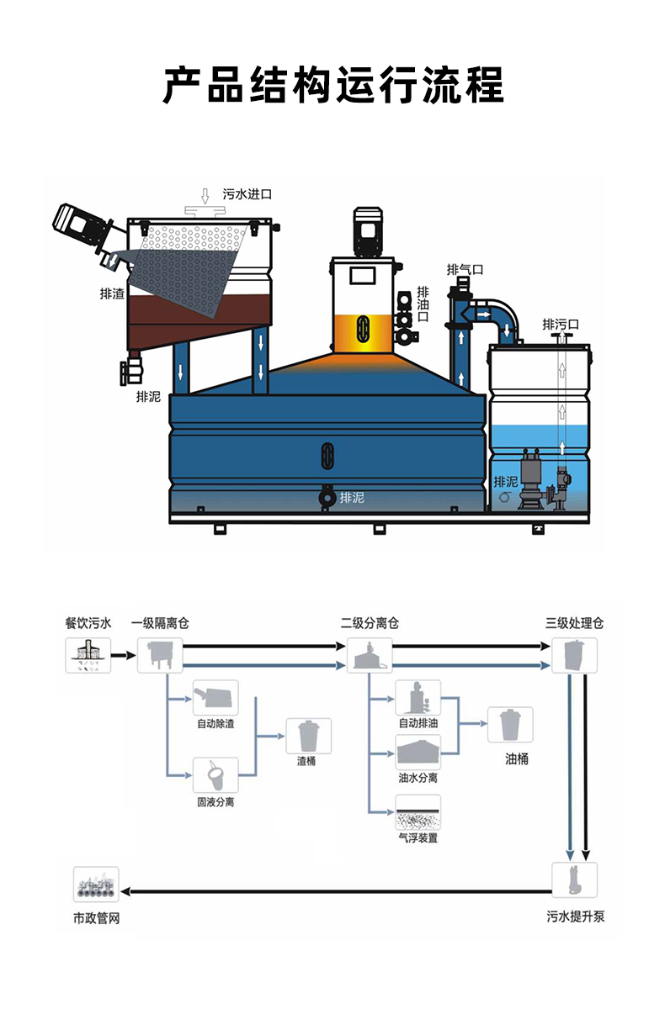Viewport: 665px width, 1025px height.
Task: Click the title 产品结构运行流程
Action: coord(332,85)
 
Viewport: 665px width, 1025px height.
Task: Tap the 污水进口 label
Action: coord(247,194)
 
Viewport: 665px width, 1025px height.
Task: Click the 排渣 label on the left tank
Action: coord(112,293)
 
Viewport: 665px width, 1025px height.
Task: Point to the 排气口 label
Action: coord(465,270)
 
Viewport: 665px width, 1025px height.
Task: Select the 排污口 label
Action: coord(561,325)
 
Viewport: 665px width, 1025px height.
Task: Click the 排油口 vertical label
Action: coord(423,304)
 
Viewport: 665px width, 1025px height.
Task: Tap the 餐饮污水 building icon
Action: coord(88,655)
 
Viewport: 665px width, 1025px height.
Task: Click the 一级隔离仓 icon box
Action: coord(160,655)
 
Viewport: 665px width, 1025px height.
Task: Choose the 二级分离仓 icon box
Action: coord(370,655)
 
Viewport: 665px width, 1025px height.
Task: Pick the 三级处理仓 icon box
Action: coord(574,655)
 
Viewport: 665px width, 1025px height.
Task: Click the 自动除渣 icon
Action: coord(215,698)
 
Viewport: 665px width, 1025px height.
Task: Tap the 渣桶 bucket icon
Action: coord(308,736)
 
